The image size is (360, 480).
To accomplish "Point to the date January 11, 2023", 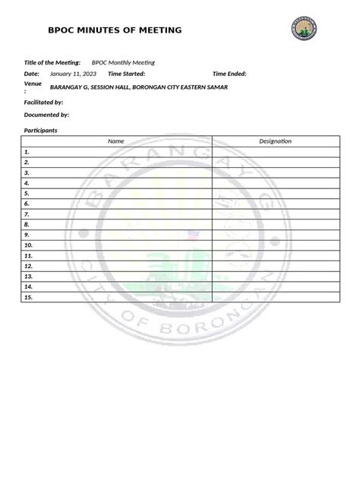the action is coord(73,74).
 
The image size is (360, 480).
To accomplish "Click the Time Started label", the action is coord(126,74).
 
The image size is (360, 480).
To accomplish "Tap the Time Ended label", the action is coord(229,74).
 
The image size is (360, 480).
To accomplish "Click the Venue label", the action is coord(33,84).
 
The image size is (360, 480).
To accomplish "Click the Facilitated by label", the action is coord(44,101).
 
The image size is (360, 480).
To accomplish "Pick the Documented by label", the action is coord(47,115).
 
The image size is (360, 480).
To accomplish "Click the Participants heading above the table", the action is coord(42,131).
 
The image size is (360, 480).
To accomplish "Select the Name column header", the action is coord(115,141).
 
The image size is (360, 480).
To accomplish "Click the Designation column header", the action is coord(275,141).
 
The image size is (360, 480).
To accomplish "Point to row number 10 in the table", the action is coord(28,245).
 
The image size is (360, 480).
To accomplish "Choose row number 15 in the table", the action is coord(28,298).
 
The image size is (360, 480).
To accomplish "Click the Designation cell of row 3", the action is coord(275,172).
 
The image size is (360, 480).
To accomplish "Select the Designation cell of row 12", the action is coord(275,267).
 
